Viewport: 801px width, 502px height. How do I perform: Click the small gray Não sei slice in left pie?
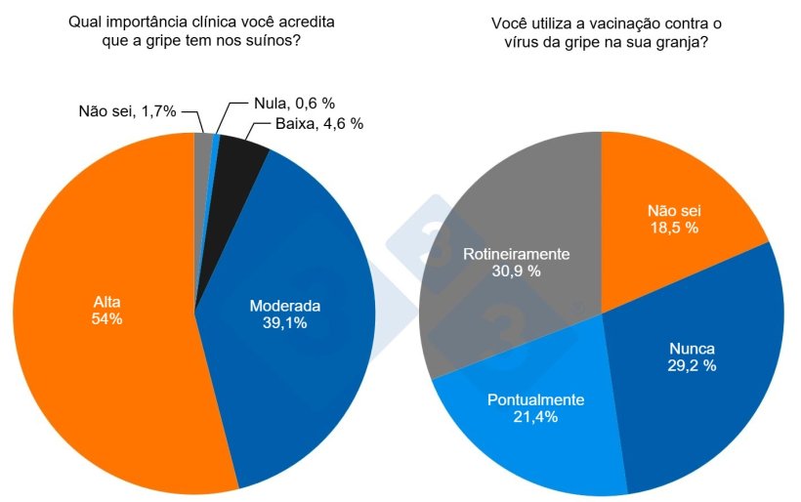tap(203, 146)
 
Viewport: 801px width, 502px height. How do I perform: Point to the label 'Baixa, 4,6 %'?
tap(306, 124)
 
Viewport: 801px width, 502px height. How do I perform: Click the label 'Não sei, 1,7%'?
tap(127, 110)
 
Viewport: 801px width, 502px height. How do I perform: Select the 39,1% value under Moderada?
tap(284, 323)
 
